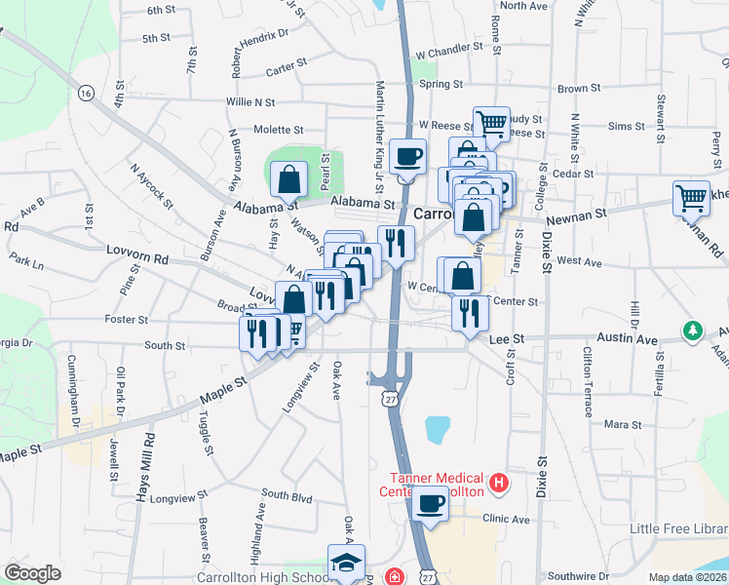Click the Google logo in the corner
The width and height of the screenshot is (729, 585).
tap(32, 573)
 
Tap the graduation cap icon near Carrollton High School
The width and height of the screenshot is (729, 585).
tap(346, 563)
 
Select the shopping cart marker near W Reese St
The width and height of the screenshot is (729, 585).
tap(491, 124)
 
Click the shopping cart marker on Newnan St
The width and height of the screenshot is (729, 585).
tap(691, 197)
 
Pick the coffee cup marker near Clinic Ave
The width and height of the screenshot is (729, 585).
tap(430, 504)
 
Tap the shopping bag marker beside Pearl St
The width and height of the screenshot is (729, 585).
tap(289, 178)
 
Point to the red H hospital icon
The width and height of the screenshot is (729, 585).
tap(499, 482)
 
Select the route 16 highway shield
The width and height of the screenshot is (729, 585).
tap(86, 94)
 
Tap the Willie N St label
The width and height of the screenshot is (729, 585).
tap(250, 101)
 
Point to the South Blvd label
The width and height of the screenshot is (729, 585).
tap(287, 497)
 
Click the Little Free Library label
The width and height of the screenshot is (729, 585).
tap(678, 528)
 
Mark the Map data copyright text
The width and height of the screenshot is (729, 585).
tap(688, 577)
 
